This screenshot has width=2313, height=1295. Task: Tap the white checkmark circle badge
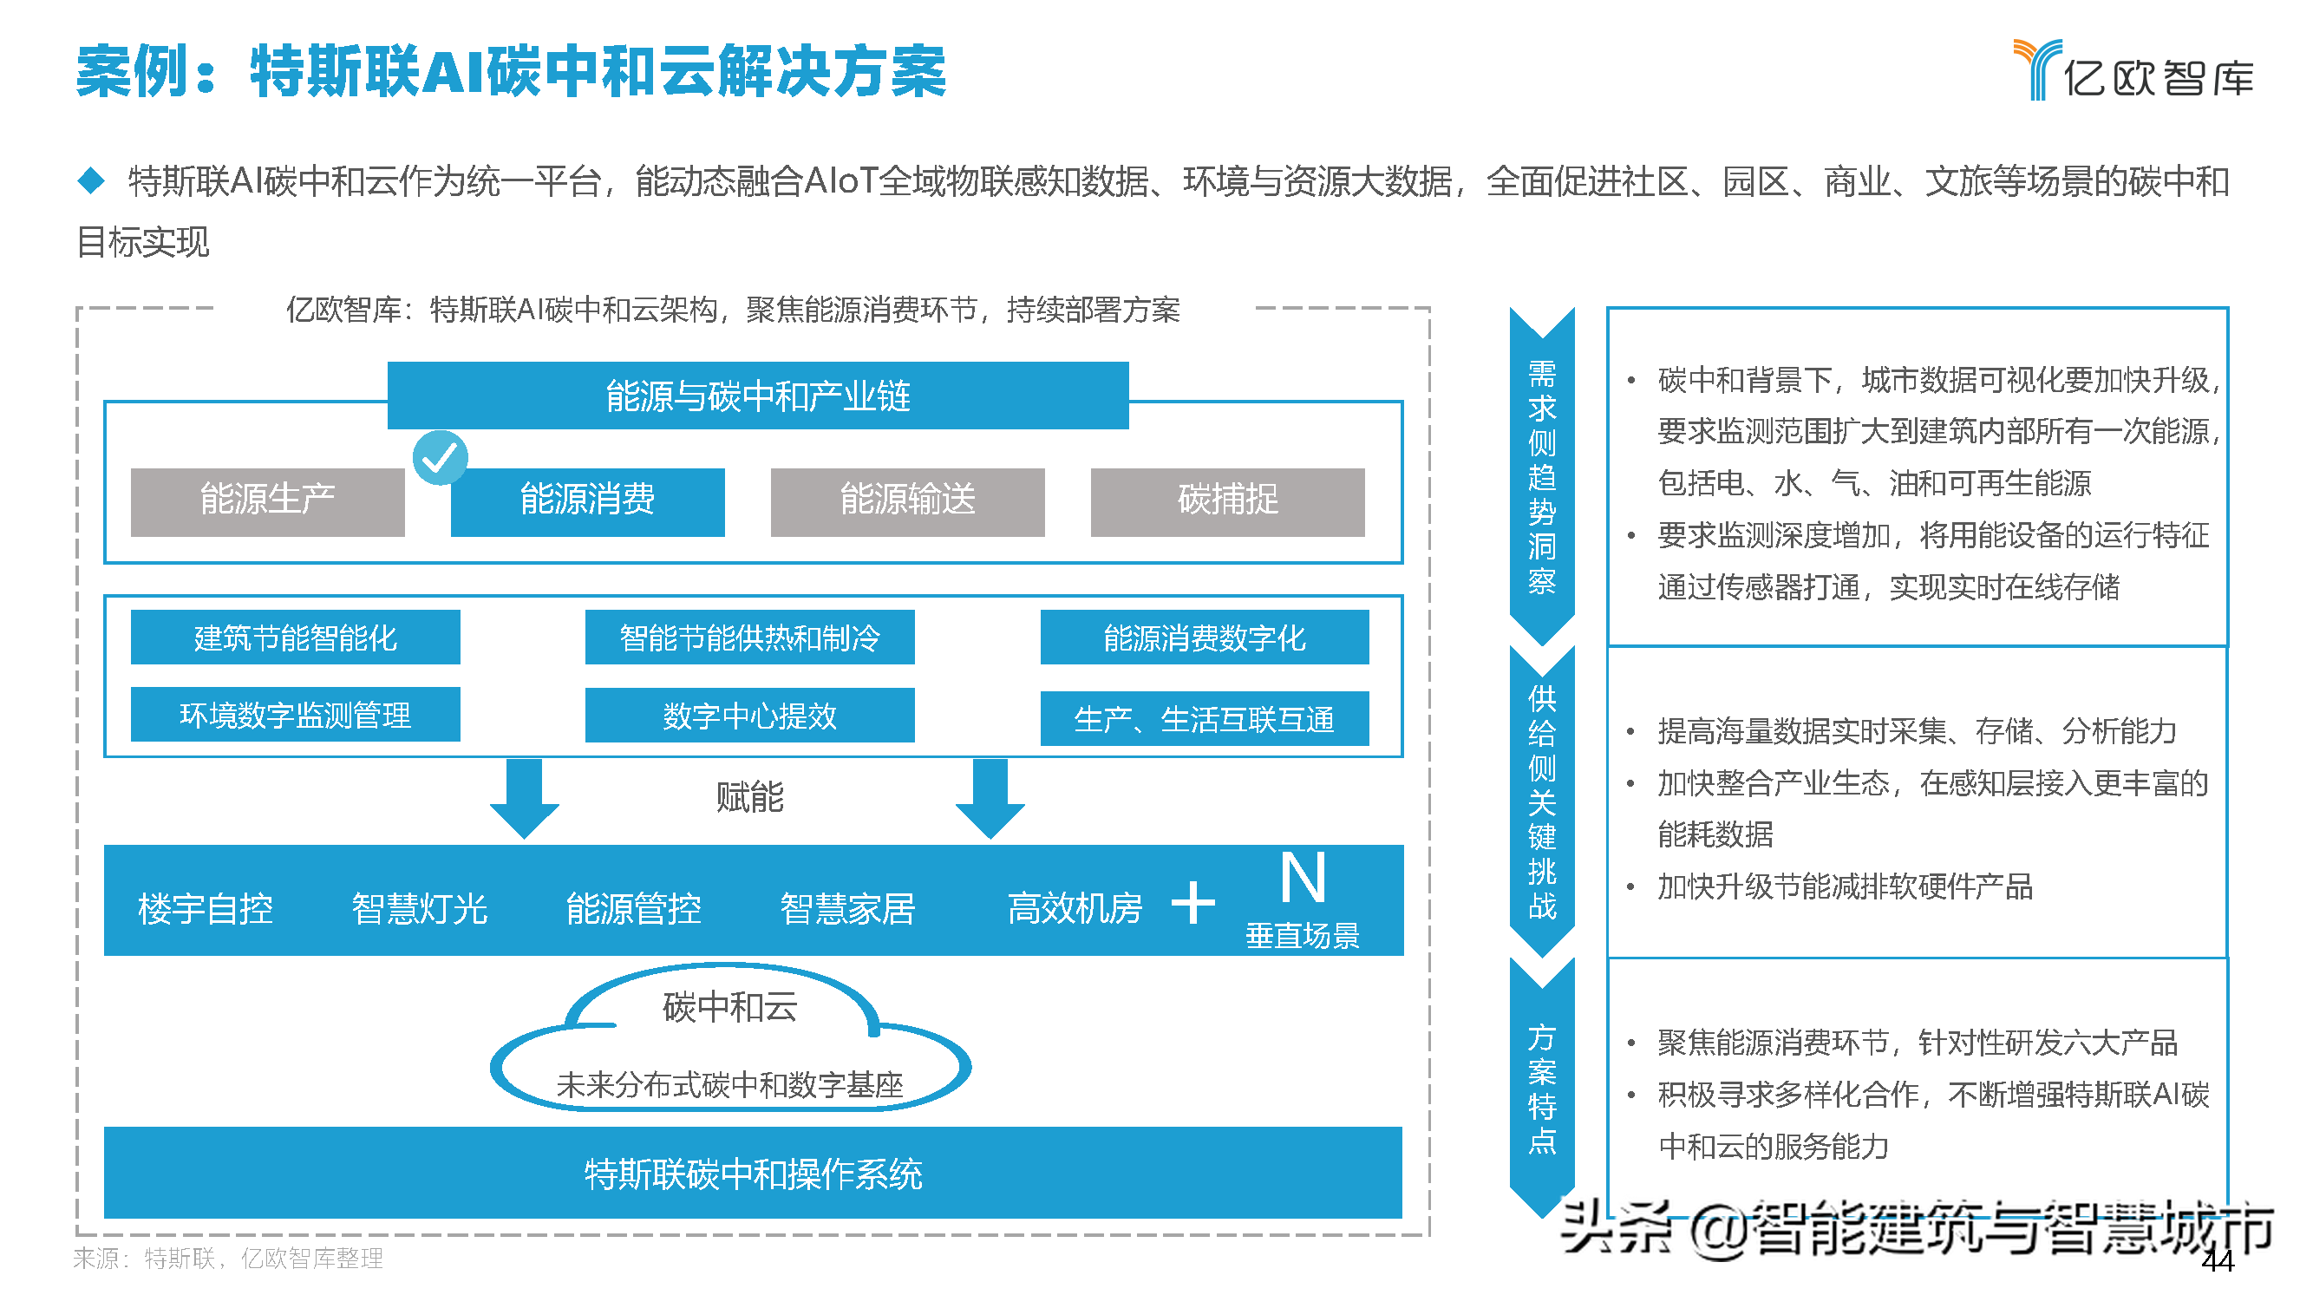440,457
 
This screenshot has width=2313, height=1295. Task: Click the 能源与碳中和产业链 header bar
757,396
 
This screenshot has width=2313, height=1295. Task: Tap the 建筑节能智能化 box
296,638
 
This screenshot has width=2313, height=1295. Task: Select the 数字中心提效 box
748,716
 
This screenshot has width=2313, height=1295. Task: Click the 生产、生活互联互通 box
1203,718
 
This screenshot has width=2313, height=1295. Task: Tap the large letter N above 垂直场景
1302,878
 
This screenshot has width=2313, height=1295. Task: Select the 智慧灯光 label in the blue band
419,909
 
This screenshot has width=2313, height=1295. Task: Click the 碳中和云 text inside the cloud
729,1008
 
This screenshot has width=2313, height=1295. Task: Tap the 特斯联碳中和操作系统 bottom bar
753,1174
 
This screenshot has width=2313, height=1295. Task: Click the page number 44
2217,1261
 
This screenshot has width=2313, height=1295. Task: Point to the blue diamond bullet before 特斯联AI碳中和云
92,180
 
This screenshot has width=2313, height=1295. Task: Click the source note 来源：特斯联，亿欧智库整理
228,1259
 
